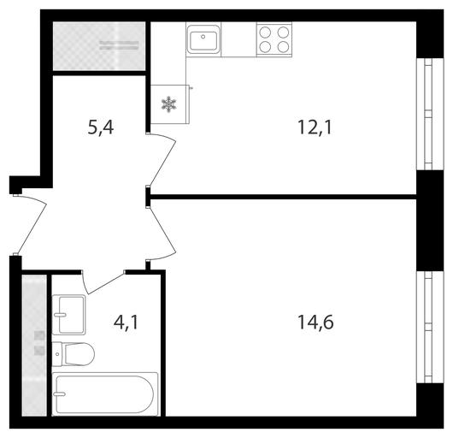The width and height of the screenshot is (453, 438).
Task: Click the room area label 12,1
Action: (x=315, y=127)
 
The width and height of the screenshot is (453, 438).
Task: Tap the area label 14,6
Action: (x=315, y=323)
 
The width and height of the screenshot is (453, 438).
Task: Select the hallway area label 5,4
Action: (x=101, y=127)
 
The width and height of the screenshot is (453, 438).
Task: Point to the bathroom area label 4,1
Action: (x=126, y=323)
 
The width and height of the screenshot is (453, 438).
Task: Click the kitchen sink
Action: (x=203, y=39)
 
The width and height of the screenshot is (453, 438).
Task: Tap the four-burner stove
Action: (x=274, y=39)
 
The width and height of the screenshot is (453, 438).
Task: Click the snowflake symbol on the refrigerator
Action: (x=168, y=104)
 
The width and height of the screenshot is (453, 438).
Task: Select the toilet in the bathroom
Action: (x=74, y=354)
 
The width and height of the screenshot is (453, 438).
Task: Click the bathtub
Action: (x=105, y=394)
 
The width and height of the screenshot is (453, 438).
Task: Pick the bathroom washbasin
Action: (x=68, y=315)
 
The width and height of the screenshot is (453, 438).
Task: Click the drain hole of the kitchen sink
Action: (x=203, y=37)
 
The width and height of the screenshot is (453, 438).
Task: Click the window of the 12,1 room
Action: (x=430, y=114)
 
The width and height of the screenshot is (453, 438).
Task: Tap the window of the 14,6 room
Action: (x=430, y=327)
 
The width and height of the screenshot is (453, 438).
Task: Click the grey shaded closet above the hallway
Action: (x=99, y=46)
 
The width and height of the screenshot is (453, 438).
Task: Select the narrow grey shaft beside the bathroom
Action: (x=34, y=346)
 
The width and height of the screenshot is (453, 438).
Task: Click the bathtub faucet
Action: (x=60, y=394)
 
